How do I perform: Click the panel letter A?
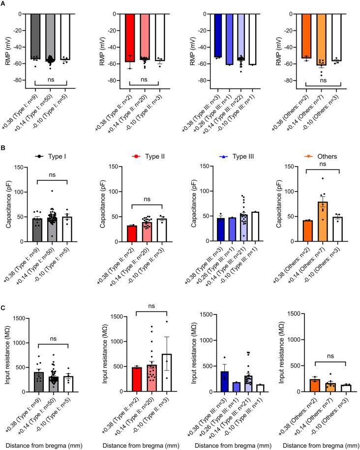pyautogui.click(x=3, y=3)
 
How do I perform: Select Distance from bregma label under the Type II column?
pyautogui.click(x=145, y=445)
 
